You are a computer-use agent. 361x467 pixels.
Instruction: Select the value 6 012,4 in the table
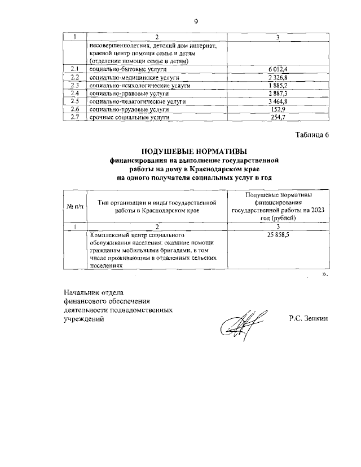[x=276, y=69]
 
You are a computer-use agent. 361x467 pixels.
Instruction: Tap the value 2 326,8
[x=276, y=77]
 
